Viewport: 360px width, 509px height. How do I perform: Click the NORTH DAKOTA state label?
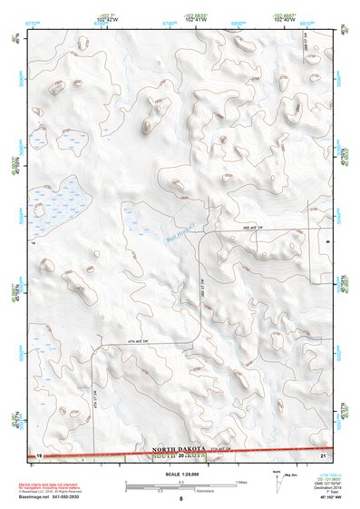pyautogui.click(x=180, y=448)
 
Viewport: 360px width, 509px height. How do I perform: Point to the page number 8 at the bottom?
pyautogui.click(x=180, y=498)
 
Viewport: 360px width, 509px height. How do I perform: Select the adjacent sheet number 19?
pyautogui.click(x=40, y=454)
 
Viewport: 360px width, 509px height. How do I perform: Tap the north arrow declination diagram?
pyautogui.click(x=277, y=481)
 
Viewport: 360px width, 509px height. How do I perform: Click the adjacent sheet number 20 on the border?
pyautogui.click(x=182, y=455)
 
